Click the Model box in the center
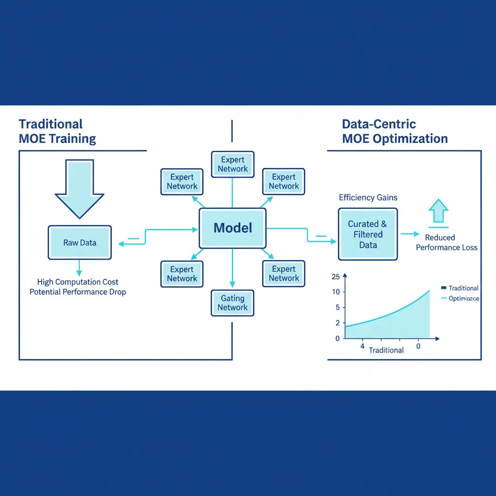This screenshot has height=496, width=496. (233, 228)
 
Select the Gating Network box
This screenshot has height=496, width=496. (232, 303)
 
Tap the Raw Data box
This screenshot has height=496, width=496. (79, 242)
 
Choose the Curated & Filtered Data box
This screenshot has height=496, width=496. (368, 234)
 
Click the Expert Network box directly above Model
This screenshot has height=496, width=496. (232, 164)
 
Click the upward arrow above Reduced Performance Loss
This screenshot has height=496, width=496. (438, 212)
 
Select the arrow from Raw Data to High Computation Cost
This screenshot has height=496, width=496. (79, 268)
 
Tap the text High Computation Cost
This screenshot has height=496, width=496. (77, 282)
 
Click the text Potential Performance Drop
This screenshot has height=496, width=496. (77, 292)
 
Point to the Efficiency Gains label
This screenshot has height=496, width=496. (368, 197)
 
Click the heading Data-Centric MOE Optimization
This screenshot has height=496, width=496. (394, 131)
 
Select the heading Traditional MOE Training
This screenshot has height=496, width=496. (57, 131)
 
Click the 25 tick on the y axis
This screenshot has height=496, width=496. (336, 277)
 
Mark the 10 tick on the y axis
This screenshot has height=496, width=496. (336, 292)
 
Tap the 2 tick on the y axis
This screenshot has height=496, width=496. (337, 323)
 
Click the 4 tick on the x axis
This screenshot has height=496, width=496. (362, 347)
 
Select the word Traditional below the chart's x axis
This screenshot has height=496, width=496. (386, 350)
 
